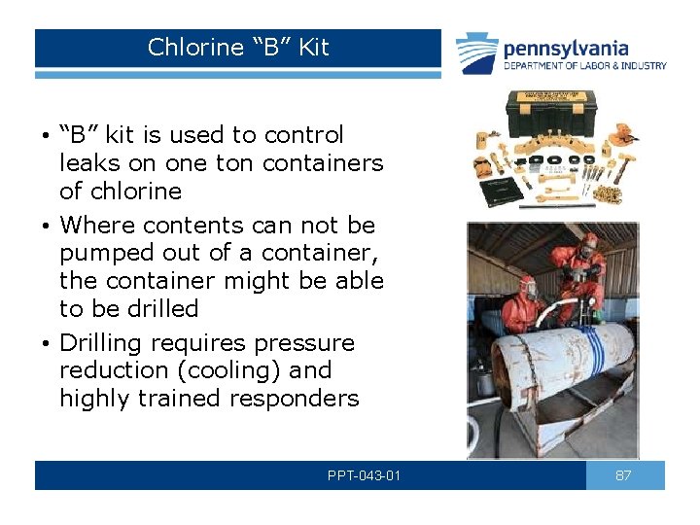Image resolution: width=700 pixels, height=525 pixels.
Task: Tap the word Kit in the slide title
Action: [314, 47]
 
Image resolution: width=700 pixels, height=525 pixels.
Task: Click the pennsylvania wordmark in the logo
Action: [565, 49]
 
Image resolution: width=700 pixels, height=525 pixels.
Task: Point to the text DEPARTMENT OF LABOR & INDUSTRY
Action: [584, 66]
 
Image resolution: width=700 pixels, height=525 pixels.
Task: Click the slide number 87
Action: [625, 475]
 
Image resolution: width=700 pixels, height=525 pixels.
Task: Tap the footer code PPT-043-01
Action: [365, 476]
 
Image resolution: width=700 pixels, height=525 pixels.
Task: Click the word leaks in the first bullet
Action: [87, 163]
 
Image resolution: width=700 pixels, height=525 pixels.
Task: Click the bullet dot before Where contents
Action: [45, 227]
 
